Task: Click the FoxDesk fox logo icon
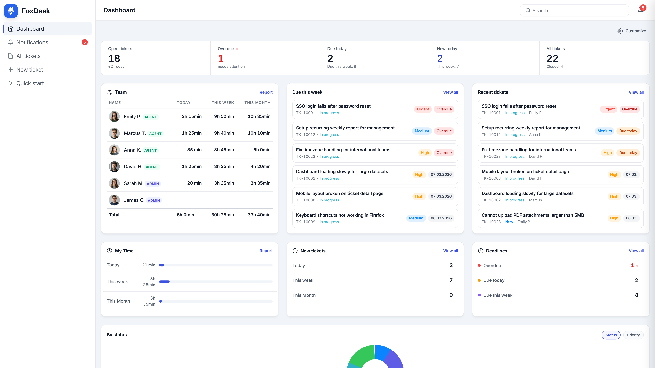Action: click(11, 11)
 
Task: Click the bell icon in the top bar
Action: click(641, 10)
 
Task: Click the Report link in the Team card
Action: click(266, 92)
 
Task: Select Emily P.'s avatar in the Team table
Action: click(114, 117)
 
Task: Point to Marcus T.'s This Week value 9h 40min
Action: click(224, 133)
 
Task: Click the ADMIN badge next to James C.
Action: click(154, 200)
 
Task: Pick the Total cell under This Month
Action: click(259, 215)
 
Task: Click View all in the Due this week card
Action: click(450, 92)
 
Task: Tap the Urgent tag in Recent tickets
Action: click(608, 109)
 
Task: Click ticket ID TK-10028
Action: click(491, 222)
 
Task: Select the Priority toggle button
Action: click(633, 335)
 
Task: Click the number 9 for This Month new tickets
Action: click(451, 295)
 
